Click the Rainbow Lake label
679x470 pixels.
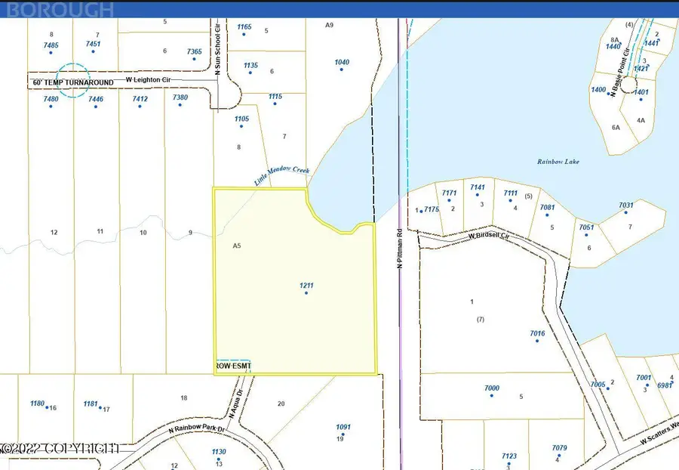click(x=558, y=161)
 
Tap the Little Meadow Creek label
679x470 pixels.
click(x=281, y=175)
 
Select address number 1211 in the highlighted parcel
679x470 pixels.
click(x=306, y=285)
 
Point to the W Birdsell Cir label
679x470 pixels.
click(x=489, y=236)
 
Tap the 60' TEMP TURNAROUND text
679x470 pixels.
click(x=73, y=82)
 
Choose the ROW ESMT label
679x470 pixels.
click(x=233, y=366)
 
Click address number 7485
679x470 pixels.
click(x=51, y=45)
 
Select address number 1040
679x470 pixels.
click(x=342, y=62)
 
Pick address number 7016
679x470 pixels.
click(x=537, y=333)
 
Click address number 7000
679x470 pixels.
click(x=491, y=388)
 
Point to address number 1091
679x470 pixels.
click(x=343, y=427)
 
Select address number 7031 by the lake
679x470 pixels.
click(x=626, y=205)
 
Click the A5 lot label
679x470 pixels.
click(x=237, y=246)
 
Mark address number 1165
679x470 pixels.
click(x=244, y=27)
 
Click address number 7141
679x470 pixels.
click(x=478, y=187)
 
